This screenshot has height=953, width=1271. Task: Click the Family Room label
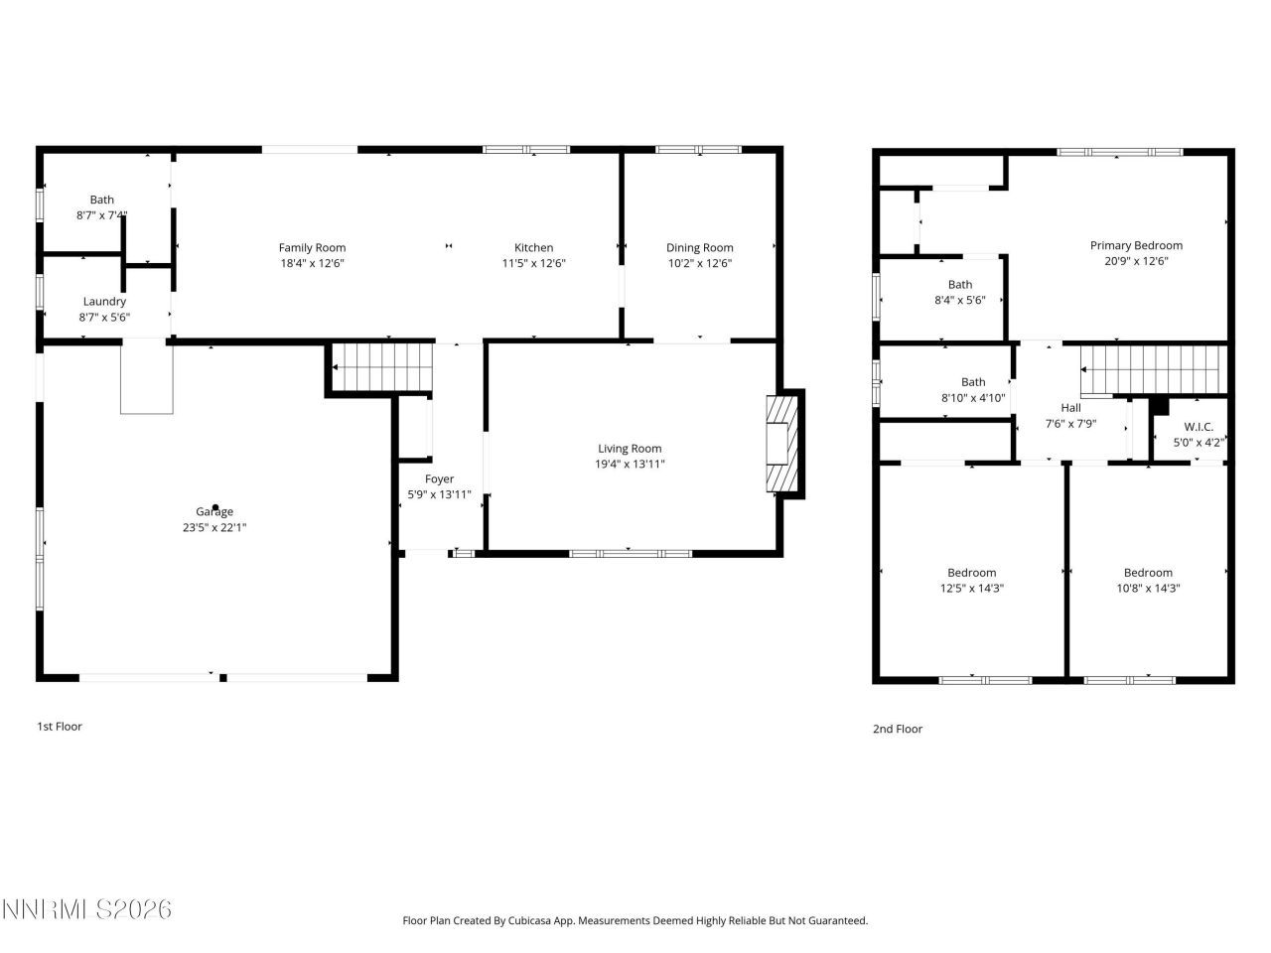(312, 248)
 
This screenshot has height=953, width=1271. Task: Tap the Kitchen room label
(533, 248)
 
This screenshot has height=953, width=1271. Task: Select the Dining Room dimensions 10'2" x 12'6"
(699, 264)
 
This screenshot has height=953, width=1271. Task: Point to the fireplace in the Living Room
(780, 444)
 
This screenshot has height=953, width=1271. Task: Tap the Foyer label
(439, 479)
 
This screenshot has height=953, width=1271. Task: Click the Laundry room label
(104, 302)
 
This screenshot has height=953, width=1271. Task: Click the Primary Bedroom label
(1136, 246)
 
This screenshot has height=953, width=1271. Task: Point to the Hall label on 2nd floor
(1070, 408)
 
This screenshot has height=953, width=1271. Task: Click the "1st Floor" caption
(60, 727)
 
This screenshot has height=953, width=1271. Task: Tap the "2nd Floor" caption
(898, 730)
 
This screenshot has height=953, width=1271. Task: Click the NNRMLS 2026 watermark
(86, 909)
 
